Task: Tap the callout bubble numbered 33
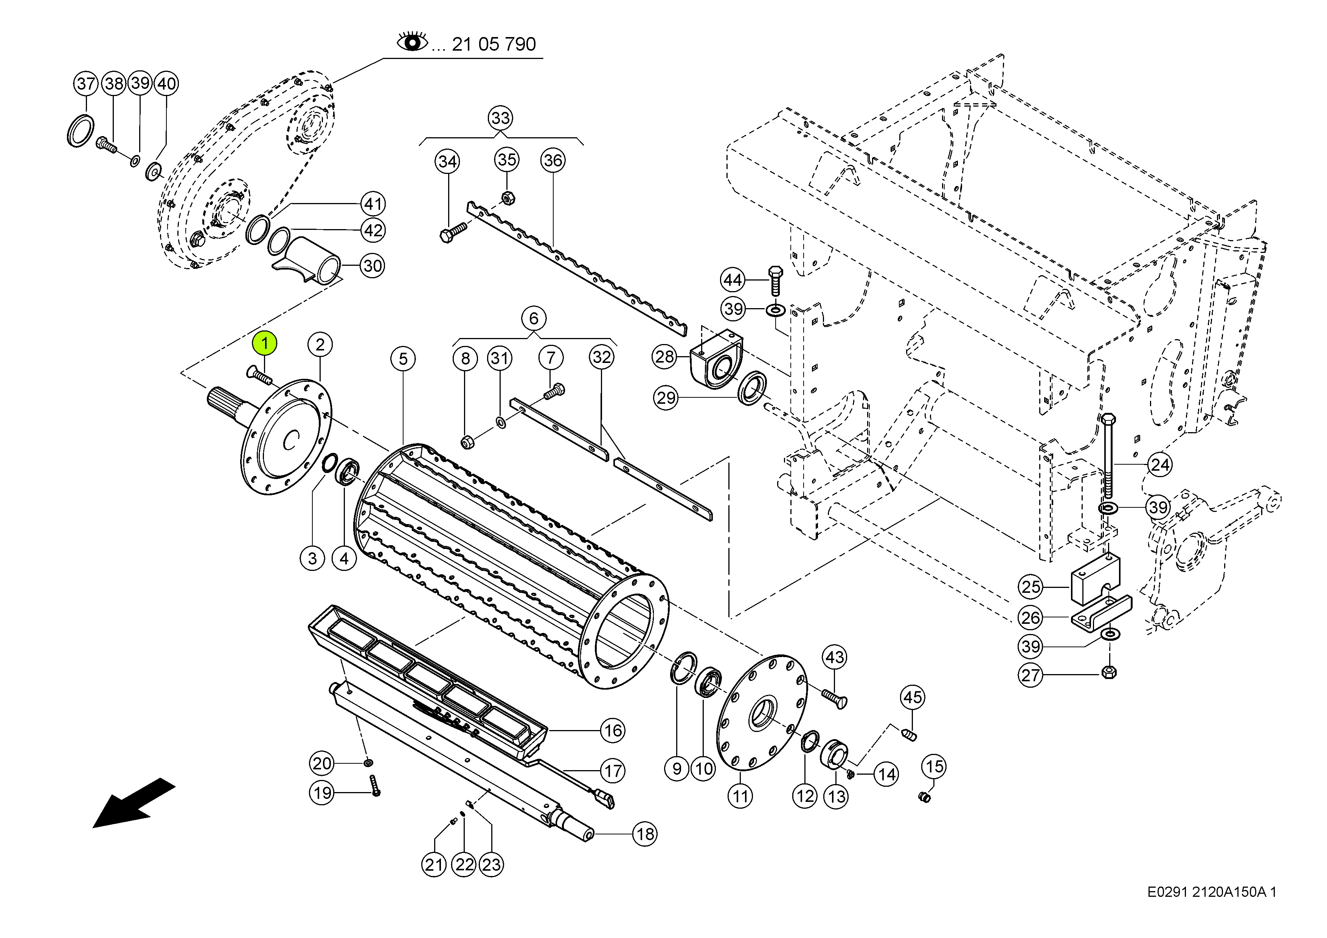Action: [501, 118]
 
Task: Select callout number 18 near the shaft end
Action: [645, 834]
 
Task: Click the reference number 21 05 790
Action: [494, 44]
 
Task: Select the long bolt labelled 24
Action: [1108, 457]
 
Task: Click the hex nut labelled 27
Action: [1109, 672]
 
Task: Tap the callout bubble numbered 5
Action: [403, 359]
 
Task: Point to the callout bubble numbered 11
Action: [740, 796]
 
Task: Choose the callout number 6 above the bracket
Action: [534, 318]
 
